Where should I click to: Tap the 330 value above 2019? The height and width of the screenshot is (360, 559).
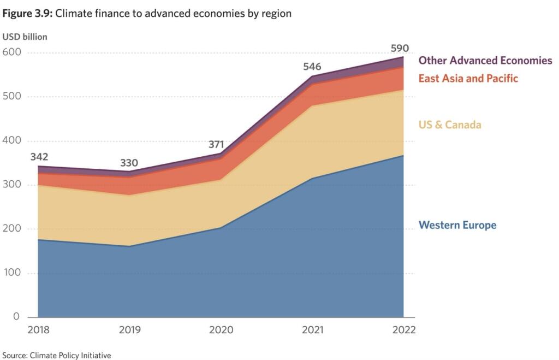click(129, 163)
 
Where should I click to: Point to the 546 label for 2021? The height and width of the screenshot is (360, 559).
click(312, 68)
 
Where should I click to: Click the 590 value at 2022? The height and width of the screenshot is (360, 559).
click(400, 48)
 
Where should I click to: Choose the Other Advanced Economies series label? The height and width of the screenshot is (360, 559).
click(485, 61)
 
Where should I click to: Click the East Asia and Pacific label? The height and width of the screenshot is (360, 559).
click(468, 78)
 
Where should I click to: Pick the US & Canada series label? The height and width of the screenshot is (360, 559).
click(450, 125)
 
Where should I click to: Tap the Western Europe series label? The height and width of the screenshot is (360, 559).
click(457, 225)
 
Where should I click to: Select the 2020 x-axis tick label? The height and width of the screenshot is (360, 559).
click(221, 330)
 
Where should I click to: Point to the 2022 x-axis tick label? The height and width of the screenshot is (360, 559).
click(404, 330)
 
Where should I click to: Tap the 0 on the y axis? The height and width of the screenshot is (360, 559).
click(16, 317)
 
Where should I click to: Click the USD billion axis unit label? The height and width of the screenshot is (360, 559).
click(25, 37)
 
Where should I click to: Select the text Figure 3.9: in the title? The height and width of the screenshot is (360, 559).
click(27, 14)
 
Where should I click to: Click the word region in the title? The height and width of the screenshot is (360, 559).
click(276, 14)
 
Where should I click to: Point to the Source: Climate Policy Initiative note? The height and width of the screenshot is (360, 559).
click(56, 356)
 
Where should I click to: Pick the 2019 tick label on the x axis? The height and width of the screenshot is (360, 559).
click(129, 330)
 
